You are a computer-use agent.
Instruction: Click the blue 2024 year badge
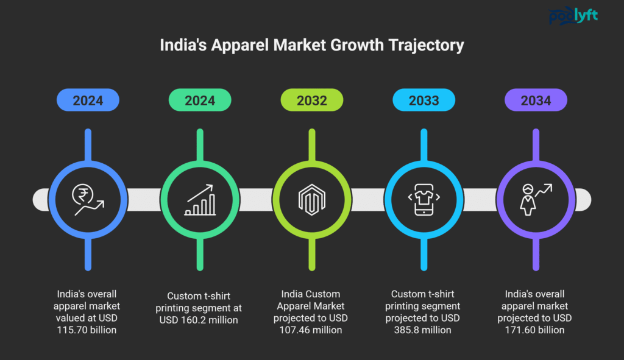point(88,100)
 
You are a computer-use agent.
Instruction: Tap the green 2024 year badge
point(200,100)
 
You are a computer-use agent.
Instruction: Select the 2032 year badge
point(312,100)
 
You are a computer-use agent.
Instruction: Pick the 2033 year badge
point(424,100)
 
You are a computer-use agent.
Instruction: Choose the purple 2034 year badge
point(536,100)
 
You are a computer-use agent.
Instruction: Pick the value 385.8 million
point(424,330)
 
